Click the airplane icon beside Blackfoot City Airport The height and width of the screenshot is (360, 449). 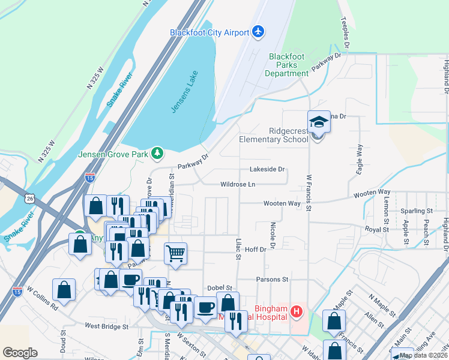(x=259, y=31)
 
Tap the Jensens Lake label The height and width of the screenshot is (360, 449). (x=185, y=92)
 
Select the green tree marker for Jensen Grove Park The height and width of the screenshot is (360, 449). (x=157, y=153)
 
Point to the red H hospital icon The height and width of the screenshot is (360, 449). (x=295, y=311)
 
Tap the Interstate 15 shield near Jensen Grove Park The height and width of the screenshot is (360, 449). (x=89, y=178)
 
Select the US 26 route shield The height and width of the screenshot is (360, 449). (x=30, y=197)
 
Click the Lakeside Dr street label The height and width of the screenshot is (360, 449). (x=268, y=169)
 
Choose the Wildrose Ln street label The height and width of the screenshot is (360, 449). (x=238, y=184)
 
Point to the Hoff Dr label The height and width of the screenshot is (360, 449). (x=255, y=249)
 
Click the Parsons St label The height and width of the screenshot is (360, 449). (x=272, y=279)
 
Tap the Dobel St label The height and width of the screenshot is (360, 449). (x=219, y=288)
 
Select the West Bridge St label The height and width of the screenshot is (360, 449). (x=107, y=326)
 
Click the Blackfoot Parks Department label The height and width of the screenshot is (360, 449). (x=289, y=65)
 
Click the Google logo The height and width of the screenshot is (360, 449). (x=20, y=352)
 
